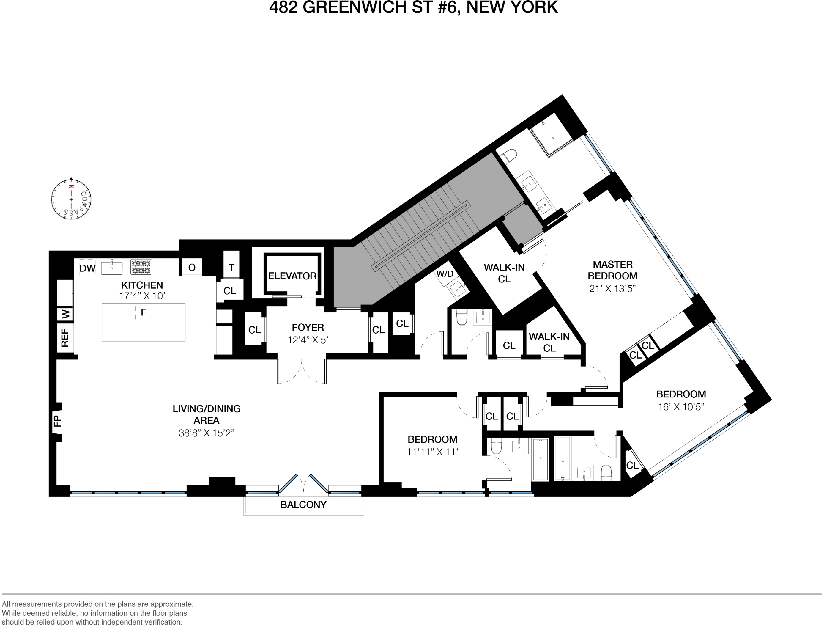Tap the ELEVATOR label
click(x=292, y=276)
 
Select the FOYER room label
click(x=308, y=327)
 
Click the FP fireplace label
click(x=57, y=421)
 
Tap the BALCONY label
click(x=303, y=505)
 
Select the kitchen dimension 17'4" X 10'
click(x=142, y=296)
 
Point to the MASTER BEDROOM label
click(x=612, y=270)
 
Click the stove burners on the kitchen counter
click(x=141, y=267)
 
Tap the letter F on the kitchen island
click(x=144, y=312)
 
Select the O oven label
click(x=192, y=268)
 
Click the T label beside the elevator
click(x=231, y=267)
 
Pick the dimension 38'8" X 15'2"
click(x=206, y=433)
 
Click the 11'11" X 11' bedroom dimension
click(x=432, y=452)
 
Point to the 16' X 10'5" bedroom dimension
click(x=681, y=407)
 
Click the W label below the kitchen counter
click(x=66, y=314)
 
